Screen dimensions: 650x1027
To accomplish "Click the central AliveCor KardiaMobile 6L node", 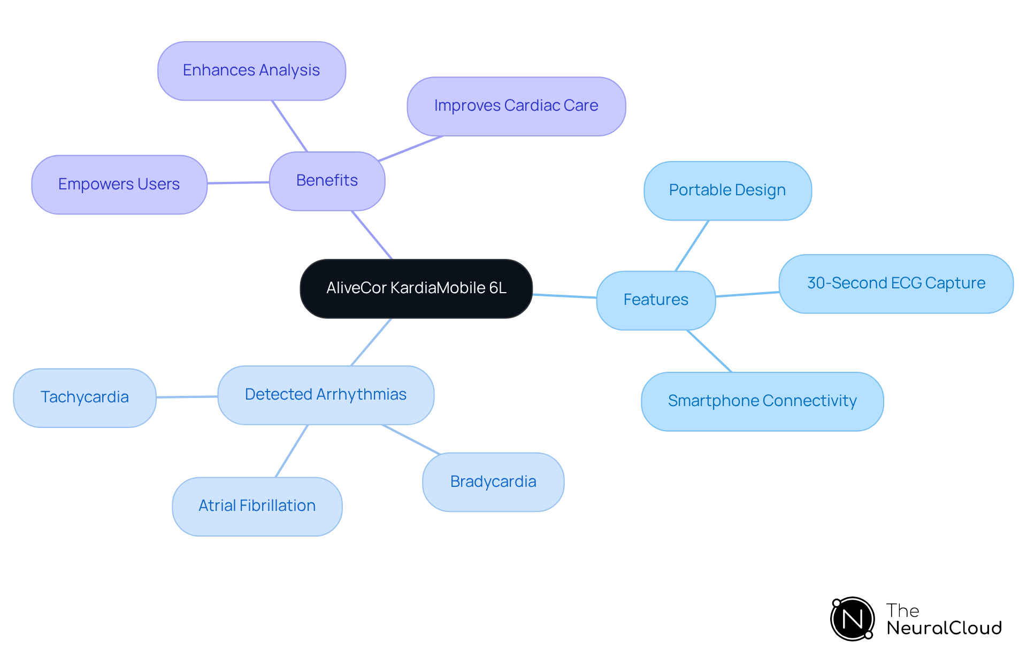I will pyautogui.click(x=416, y=288).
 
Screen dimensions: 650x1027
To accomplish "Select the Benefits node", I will pyautogui.click(x=327, y=181).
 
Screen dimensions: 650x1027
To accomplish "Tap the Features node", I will pyautogui.click(x=656, y=300).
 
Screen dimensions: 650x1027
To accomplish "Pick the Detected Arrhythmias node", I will pyautogui.click(x=326, y=395).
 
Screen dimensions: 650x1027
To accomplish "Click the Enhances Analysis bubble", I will pyautogui.click(x=251, y=71).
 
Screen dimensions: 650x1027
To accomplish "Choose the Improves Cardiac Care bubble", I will pyautogui.click(x=516, y=106).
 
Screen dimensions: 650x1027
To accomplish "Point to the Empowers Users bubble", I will pyautogui.click(x=119, y=185).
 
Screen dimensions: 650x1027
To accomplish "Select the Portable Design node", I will pyautogui.click(x=727, y=190).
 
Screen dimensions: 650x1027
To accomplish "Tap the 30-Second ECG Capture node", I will pyautogui.click(x=896, y=284).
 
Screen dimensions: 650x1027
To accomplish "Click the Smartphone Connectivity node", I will pyautogui.click(x=762, y=401).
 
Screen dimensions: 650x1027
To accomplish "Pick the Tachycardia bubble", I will pyautogui.click(x=85, y=397).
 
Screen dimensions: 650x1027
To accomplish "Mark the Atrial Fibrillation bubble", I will pyautogui.click(x=257, y=506).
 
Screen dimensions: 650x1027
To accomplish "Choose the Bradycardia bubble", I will pyautogui.click(x=493, y=482).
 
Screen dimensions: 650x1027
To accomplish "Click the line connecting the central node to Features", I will pyautogui.click(x=564, y=296).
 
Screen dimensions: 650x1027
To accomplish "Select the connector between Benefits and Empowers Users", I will pyautogui.click(x=238, y=183).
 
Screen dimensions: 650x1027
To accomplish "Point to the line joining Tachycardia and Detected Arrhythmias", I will pyautogui.click(x=187, y=397).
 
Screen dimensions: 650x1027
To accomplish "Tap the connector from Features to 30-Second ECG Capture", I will pyautogui.click(x=747, y=294).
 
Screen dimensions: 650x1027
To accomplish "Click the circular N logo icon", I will pyautogui.click(x=852, y=619).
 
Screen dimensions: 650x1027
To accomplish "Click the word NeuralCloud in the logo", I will pyautogui.click(x=944, y=628).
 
